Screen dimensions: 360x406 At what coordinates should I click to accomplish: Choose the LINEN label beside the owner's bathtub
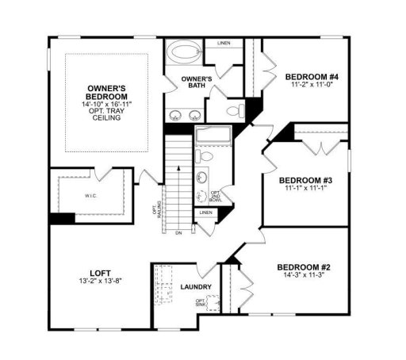tap(224, 42)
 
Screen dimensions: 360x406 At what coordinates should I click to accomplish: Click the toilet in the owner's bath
tap(232, 110)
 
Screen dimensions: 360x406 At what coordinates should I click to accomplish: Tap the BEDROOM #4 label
tap(312, 76)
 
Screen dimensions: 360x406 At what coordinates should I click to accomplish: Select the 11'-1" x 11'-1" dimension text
tap(304, 190)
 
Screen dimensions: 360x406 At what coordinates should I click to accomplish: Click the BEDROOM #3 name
tap(304, 181)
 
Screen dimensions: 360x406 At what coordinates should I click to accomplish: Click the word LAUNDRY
tap(195, 286)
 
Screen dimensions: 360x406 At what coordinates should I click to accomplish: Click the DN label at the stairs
tap(179, 232)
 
